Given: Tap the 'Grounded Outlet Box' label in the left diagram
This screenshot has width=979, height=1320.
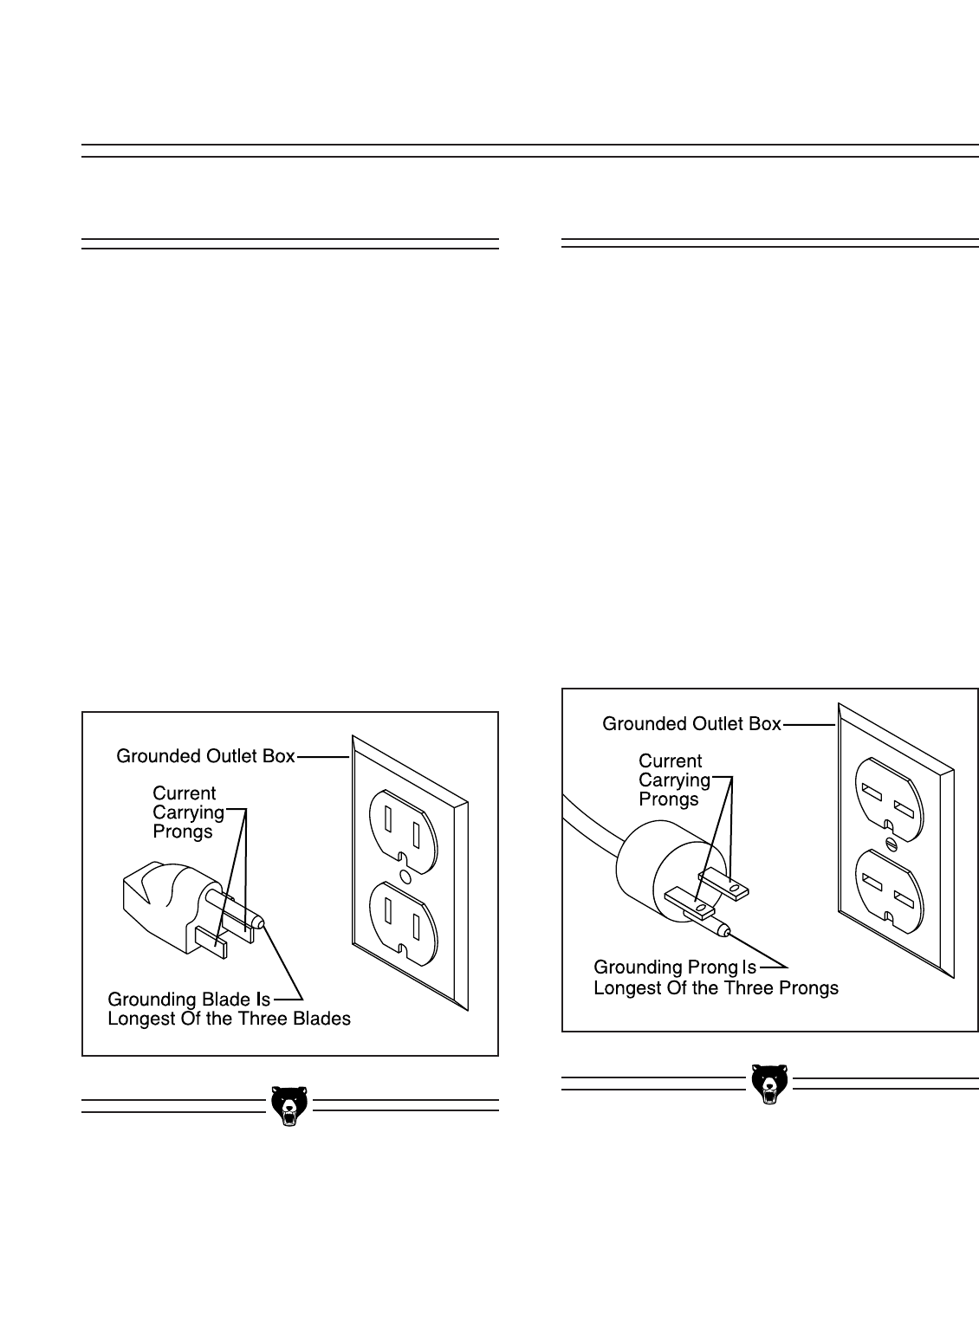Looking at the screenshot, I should [205, 756].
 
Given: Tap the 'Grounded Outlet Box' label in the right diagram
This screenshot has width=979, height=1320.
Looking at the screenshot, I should [691, 723].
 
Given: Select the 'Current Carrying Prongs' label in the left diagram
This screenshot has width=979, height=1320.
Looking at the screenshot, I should [187, 812].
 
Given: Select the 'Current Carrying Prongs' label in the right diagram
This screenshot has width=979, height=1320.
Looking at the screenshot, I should [673, 780].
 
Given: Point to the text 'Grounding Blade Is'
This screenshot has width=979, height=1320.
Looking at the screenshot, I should [189, 999].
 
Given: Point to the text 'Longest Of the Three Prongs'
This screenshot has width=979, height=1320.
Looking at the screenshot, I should [716, 987].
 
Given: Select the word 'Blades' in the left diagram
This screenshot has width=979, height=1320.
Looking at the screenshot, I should [322, 1019].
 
